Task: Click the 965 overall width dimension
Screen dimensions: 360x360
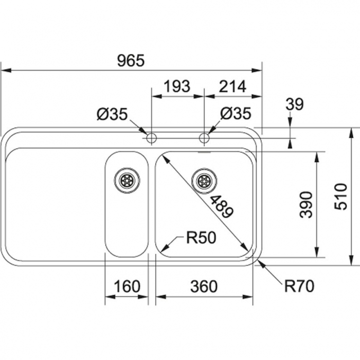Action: (x=131, y=61)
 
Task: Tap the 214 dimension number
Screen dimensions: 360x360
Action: (x=232, y=86)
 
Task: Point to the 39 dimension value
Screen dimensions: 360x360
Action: (x=295, y=104)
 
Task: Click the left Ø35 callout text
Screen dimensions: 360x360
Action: (x=112, y=114)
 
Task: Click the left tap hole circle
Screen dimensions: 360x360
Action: (x=151, y=138)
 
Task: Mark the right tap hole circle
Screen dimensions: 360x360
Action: (x=204, y=138)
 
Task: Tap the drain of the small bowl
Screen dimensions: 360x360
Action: (x=127, y=180)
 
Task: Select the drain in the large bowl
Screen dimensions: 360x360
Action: (x=204, y=180)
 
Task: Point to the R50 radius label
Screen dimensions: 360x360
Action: (x=201, y=237)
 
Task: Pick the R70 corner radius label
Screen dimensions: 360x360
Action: (x=298, y=286)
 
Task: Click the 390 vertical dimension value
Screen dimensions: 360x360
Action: (x=307, y=204)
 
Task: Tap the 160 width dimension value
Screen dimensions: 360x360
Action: (x=126, y=286)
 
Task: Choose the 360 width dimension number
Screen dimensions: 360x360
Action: (x=204, y=286)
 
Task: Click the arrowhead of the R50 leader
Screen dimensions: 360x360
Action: (x=163, y=248)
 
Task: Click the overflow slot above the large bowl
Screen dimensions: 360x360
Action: (x=204, y=152)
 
